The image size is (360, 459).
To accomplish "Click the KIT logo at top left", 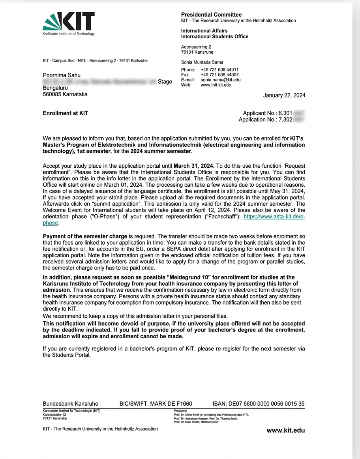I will point(69,23).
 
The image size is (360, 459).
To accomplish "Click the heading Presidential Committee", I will point(211,15).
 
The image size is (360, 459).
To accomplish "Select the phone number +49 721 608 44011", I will point(219,70).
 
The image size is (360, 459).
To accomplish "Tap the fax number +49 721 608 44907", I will point(219,75).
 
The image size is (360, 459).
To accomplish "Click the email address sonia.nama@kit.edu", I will point(220,80).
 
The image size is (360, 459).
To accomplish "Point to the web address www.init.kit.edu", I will point(216,85).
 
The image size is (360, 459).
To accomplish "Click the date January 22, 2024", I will point(284,96).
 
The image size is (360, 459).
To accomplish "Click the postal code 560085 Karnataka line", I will point(65,94).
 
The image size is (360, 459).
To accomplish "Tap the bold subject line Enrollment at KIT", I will point(66,113).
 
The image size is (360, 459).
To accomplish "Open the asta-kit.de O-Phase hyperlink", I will point(274,217).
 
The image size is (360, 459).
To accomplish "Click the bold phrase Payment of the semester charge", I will point(85,236).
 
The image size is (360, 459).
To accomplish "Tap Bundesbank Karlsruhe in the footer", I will point(70,404).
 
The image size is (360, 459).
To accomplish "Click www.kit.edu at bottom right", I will point(285,430).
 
